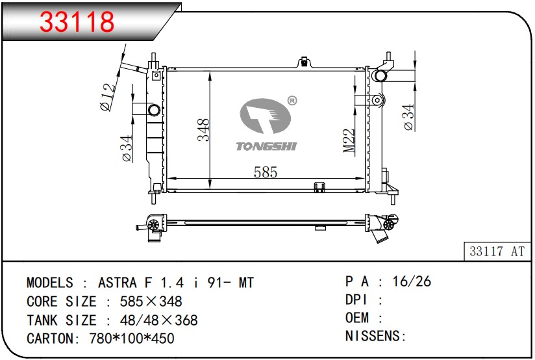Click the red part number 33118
point(77,21)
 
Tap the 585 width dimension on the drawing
point(266,172)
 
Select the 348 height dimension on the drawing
point(203,130)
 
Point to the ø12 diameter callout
point(108,97)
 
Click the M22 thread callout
point(349,140)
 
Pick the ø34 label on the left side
point(127,148)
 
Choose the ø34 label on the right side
point(408,117)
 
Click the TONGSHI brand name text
point(266,146)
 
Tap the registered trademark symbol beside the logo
point(292,101)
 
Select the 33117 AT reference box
point(497,251)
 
